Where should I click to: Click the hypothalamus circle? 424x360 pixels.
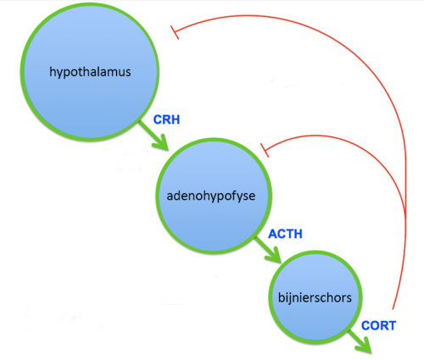[90, 72]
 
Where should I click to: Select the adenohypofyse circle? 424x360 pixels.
[214, 196]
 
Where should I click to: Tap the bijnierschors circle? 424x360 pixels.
[315, 297]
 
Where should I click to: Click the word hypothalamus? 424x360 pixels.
[90, 72]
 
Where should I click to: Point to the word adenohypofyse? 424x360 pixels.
[211, 196]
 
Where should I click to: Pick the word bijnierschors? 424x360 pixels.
[315, 298]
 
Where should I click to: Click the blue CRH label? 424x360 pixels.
[166, 119]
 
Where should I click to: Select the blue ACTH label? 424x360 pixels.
[285, 234]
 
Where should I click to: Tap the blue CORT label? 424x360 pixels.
[378, 325]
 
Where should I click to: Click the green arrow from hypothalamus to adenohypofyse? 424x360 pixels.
[153, 136]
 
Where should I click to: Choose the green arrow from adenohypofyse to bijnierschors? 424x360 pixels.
[268, 250]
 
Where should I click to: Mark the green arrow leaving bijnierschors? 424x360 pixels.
[360, 341]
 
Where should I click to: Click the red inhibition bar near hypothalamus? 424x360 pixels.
[175, 32]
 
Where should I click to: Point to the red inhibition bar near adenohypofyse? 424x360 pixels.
[265, 150]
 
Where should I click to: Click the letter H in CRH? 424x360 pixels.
[176, 119]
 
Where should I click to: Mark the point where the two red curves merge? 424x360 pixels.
[405, 214]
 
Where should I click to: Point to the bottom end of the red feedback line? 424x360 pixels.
[393, 309]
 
